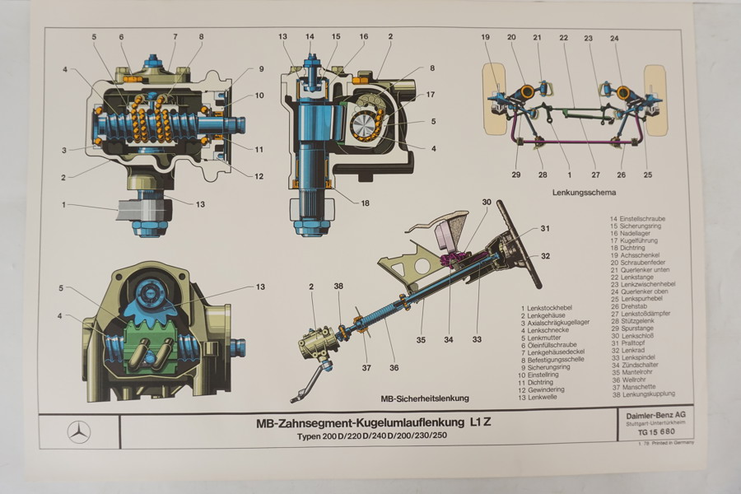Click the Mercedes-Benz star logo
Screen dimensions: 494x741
pyautogui.click(x=79, y=431)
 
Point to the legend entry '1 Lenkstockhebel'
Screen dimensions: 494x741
pyautogui.click(x=548, y=306)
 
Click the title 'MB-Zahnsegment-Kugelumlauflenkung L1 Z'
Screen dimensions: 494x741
pyautogui.click(x=366, y=423)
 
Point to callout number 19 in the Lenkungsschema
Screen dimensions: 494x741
pyautogui.click(x=486, y=37)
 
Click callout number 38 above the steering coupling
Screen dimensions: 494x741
pyautogui.click(x=339, y=286)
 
